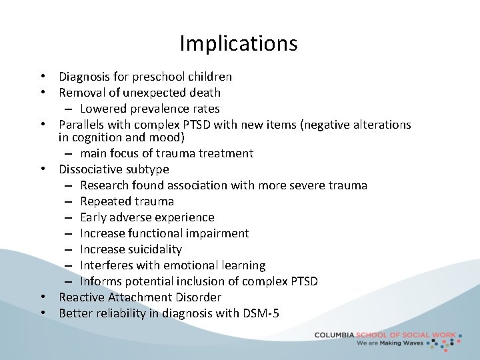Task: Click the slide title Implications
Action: [x=239, y=44]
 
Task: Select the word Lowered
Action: [x=103, y=109]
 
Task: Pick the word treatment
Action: [x=226, y=153]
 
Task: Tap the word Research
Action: [x=105, y=185]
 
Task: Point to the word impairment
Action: [x=216, y=233]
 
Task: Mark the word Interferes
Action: [x=107, y=265]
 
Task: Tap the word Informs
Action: [x=102, y=281]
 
